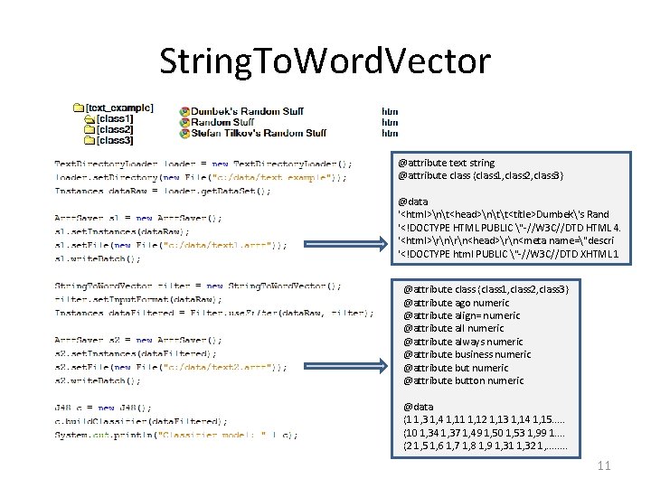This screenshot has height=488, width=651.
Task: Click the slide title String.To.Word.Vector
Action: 325,61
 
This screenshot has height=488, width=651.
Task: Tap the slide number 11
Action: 605,465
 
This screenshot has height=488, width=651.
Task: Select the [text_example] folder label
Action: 118,108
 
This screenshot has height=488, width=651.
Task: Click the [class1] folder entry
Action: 115,119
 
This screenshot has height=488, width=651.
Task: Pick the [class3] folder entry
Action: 115,140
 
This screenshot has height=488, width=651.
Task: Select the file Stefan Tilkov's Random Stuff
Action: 259,133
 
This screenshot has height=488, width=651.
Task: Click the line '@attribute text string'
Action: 446,163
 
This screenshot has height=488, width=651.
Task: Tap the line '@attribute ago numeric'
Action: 456,303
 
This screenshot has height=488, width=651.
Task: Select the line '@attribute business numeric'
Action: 467,355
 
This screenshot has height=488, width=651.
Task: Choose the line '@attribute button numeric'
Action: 463,380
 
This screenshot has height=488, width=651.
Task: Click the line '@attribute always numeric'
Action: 463,342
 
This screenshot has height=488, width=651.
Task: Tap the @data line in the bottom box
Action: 419,407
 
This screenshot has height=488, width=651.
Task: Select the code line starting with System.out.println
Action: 176,436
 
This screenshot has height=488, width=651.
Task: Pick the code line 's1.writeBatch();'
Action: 98,258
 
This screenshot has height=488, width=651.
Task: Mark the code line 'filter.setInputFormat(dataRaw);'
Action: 138,299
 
